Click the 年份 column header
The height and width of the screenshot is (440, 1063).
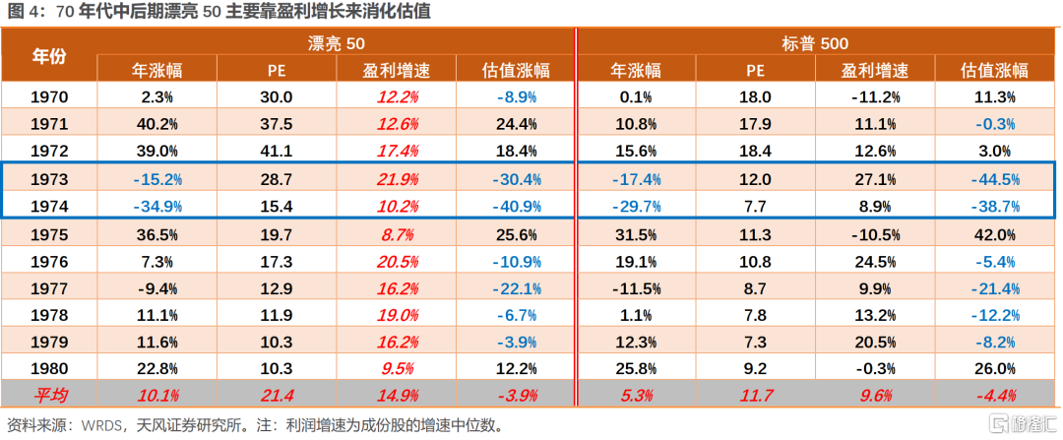point(49,56)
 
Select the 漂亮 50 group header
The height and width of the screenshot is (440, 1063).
point(336,43)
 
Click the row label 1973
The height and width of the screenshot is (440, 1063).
point(49,179)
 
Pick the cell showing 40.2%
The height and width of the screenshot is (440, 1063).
point(157,124)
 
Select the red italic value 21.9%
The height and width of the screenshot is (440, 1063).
point(397,179)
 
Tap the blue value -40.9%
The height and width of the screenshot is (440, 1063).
point(516,207)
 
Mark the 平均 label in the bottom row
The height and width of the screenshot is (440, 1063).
point(49,396)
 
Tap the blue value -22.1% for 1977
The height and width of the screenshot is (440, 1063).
point(516,289)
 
